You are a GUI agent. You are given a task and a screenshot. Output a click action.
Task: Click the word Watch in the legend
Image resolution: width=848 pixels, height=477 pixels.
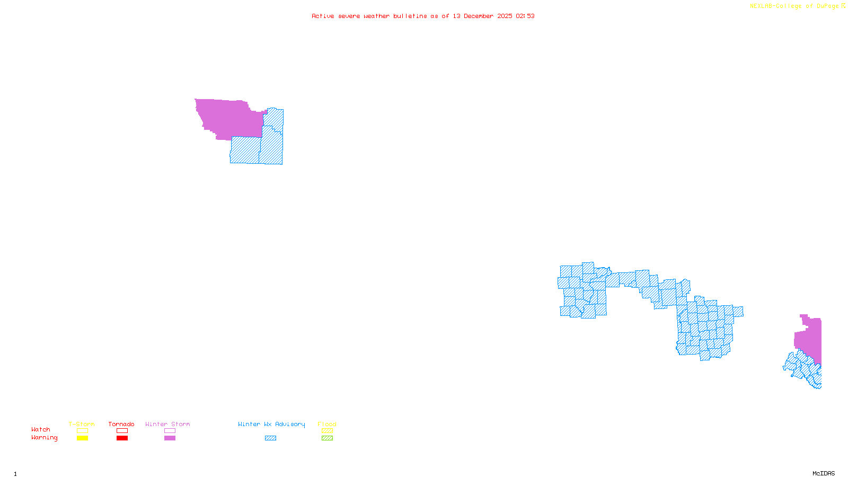click(41, 430)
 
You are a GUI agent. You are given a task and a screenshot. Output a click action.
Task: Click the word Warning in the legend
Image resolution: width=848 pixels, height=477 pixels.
click(45, 438)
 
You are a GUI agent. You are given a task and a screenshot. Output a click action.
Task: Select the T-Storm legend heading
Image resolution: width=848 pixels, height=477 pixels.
click(82, 424)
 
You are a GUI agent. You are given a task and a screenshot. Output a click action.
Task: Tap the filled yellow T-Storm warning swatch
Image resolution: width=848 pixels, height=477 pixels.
click(82, 438)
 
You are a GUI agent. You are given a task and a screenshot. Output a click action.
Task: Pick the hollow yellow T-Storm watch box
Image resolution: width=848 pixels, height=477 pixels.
click(82, 431)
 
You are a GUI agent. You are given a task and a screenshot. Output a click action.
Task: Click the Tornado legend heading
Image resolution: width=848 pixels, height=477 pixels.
click(121, 424)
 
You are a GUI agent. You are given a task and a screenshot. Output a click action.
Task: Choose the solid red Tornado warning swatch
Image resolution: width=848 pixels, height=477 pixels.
click(122, 438)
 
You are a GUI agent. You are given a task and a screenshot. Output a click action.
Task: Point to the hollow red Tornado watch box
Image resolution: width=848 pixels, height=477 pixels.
click(122, 431)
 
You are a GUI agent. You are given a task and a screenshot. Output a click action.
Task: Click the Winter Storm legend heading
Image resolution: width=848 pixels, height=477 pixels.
click(167, 424)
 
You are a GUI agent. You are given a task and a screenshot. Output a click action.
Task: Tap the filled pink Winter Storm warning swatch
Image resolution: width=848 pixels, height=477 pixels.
click(170, 438)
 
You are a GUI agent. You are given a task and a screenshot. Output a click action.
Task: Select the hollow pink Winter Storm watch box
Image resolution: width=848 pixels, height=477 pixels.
click(170, 431)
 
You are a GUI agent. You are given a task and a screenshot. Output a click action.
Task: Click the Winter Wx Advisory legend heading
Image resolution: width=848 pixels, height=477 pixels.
click(271, 424)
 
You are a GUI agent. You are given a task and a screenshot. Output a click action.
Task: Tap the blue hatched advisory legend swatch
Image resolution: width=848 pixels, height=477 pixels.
click(270, 438)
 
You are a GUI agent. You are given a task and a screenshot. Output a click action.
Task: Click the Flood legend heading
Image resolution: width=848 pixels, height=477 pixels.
click(327, 424)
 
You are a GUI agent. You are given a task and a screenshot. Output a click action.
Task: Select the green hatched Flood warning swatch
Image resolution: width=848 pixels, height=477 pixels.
click(327, 438)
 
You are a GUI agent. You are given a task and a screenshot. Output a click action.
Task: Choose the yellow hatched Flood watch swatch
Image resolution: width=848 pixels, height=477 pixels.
click(327, 431)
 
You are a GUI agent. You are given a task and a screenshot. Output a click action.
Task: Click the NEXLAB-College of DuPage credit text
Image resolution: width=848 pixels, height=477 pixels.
click(794, 6)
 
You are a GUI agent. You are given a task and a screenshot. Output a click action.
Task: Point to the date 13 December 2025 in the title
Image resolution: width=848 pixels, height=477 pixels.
click(482, 16)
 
